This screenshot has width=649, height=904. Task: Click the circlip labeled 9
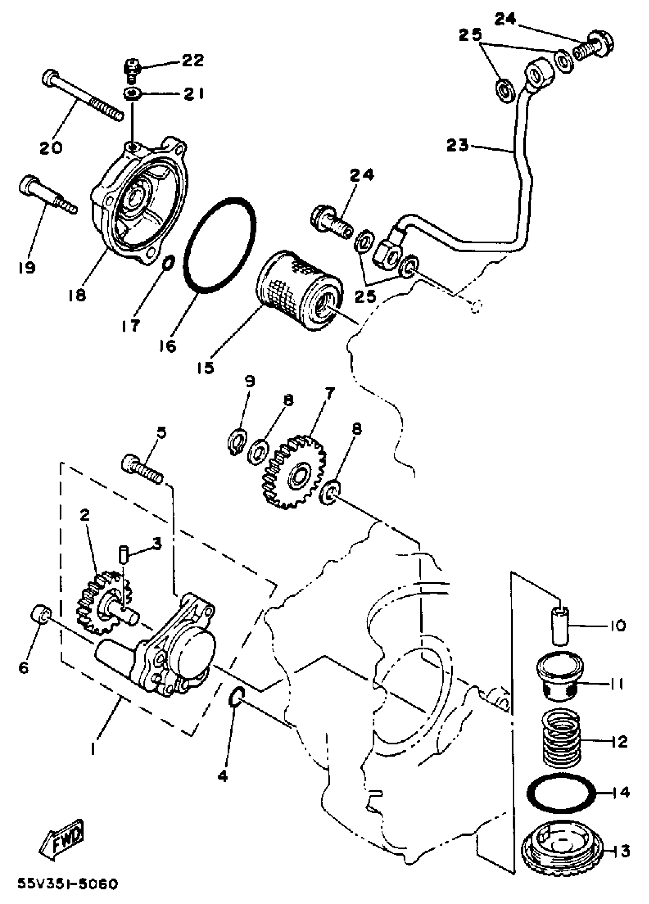pos(237,440)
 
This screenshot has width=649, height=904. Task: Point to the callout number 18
pos(77,296)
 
